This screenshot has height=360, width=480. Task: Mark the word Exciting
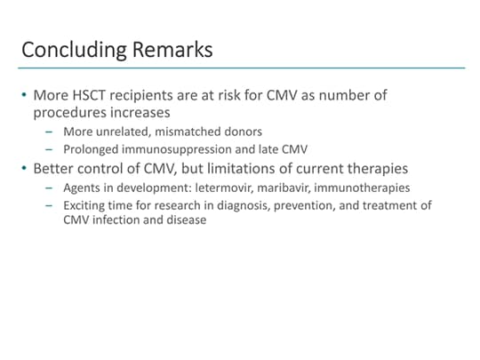pos(84,205)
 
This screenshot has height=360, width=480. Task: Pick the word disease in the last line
pos(185,220)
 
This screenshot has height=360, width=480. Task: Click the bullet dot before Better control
pos(25,168)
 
